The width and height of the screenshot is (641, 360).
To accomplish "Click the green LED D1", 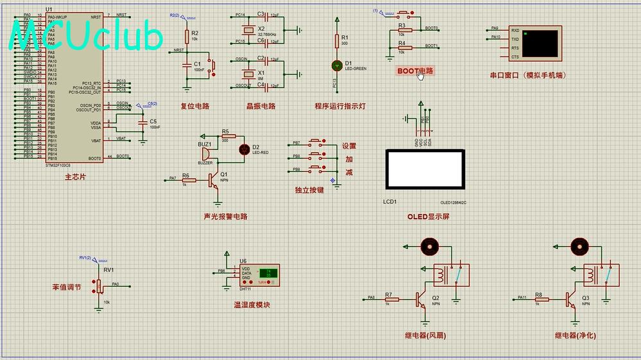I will coord(336,65).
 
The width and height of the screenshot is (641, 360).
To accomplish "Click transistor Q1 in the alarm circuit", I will coord(213,181).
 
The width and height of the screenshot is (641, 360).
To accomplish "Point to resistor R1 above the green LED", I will coord(336,41).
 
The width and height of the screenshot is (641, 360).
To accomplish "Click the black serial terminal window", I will coord(540,42).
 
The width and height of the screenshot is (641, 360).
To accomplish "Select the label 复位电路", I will coord(195,107).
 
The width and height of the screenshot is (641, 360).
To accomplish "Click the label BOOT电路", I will coord(415,71).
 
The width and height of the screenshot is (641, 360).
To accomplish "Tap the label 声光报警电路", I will coord(225,217).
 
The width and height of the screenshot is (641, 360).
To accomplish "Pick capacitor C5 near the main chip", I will coord(141,121).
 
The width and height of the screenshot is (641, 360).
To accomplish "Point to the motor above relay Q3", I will coord(579,245).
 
